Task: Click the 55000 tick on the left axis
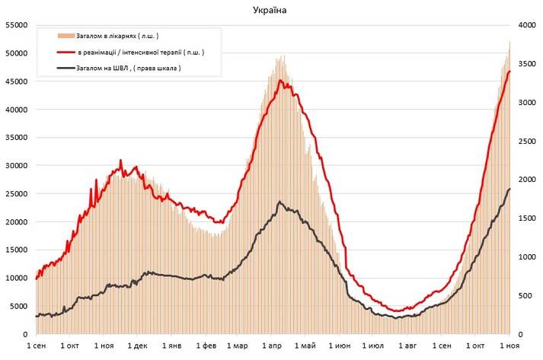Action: [x=16, y=25]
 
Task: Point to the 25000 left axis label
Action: [x=16, y=193]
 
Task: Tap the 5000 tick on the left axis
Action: [x=18, y=306]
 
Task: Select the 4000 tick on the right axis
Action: [x=526, y=25]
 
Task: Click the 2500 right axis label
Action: [x=526, y=141]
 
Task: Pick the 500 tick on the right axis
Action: [x=524, y=295]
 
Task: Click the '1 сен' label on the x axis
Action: [x=36, y=346]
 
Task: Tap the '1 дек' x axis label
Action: [x=138, y=346]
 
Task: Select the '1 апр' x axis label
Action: [x=272, y=346]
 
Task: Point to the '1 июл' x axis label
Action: [x=373, y=346]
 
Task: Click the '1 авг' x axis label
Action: [x=407, y=346]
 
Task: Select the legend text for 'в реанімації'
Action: [x=140, y=53]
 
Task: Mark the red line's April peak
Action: [x=281, y=80]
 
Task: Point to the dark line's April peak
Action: [x=280, y=202]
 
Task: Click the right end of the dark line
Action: [x=509, y=189]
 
